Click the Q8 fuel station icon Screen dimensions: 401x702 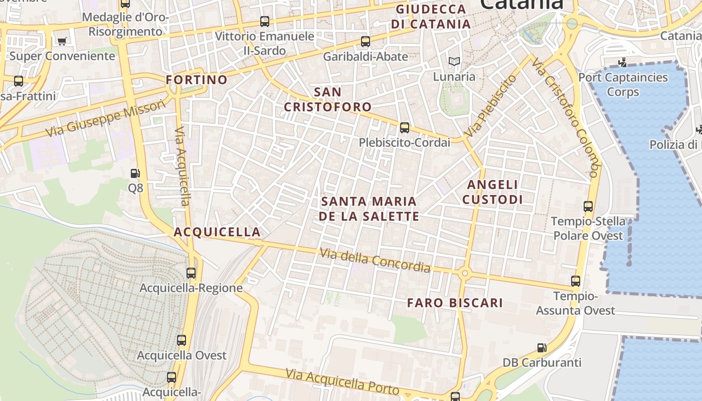(x=135, y=173)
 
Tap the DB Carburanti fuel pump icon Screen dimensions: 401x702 (x=542, y=347)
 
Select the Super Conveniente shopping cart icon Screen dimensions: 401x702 (x=62, y=41)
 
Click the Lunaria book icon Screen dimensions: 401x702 (x=454, y=62)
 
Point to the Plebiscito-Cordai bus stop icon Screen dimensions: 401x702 (x=405, y=128)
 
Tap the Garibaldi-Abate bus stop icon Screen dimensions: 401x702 (x=366, y=42)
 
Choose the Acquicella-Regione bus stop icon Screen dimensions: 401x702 (x=191, y=273)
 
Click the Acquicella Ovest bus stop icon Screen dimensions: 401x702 (x=182, y=340)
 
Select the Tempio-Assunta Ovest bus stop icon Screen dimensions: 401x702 (x=576, y=281)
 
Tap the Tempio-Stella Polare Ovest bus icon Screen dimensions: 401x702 (x=588, y=206)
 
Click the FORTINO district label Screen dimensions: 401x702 (x=197, y=80)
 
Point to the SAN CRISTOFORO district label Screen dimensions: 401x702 (x=328, y=99)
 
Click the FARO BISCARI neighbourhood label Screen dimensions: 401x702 (x=455, y=303)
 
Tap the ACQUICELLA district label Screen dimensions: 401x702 (x=217, y=232)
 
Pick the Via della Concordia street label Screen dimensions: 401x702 (x=375, y=261)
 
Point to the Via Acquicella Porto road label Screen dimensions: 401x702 (x=342, y=382)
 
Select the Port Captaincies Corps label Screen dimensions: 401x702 (x=623, y=85)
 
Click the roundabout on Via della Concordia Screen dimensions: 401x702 (x=465, y=273)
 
